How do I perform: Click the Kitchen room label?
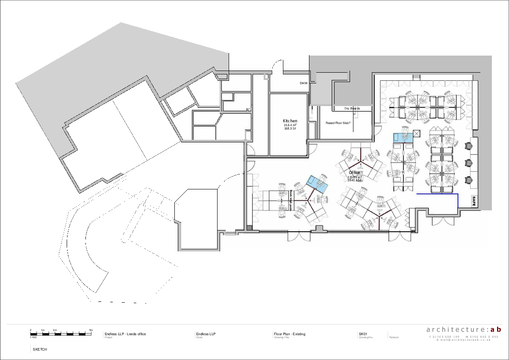[290, 121]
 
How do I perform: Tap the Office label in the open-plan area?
[354, 173]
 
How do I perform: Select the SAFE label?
[474, 201]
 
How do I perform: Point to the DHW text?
[303, 83]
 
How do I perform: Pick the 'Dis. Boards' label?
[352, 109]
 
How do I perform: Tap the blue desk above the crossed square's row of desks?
[403, 137]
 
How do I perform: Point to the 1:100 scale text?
[33, 337]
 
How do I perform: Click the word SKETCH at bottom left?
[40, 349]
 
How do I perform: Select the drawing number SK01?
[363, 334]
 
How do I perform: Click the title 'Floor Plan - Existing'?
[289, 334]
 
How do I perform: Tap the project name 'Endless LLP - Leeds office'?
[125, 334]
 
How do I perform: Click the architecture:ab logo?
[463, 329]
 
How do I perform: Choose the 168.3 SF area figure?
[290, 128]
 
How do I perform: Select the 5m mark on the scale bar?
[91, 330]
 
